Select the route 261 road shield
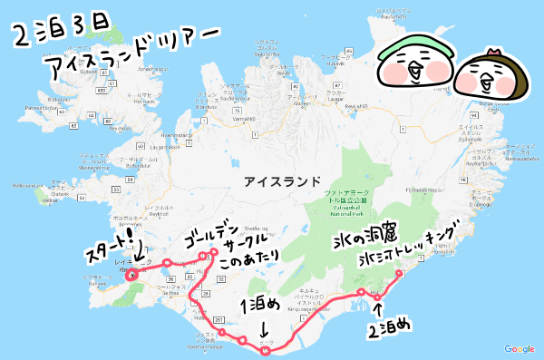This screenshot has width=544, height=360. (219, 319)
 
